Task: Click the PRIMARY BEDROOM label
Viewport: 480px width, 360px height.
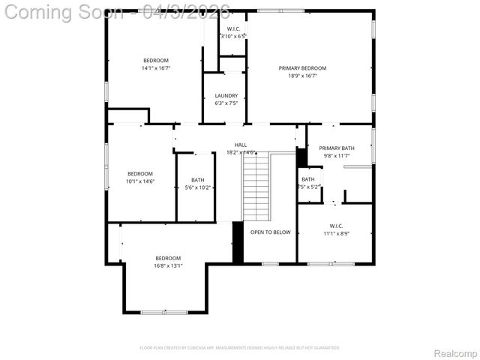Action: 302,68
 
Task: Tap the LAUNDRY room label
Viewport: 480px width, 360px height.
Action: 226,95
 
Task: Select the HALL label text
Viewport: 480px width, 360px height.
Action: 240,145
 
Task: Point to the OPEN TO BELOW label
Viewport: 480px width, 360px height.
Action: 270,232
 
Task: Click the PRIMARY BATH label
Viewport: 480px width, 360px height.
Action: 336,148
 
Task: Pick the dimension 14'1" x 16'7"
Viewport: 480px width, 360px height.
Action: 156,68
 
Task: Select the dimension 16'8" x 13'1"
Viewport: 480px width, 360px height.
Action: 168,265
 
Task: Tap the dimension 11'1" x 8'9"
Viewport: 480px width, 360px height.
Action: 336,233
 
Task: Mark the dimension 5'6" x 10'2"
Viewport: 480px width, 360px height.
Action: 197,187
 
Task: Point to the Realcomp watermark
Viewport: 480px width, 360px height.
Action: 456,352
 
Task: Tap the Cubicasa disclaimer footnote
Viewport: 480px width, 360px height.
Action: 240,348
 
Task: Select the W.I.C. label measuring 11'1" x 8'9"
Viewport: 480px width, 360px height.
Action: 336,226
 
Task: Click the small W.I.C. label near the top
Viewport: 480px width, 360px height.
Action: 232,28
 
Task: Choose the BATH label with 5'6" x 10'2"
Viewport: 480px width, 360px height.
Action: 197,180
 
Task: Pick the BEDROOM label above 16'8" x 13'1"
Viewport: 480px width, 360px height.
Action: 168,258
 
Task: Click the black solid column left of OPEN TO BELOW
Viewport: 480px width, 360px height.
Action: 238,242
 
